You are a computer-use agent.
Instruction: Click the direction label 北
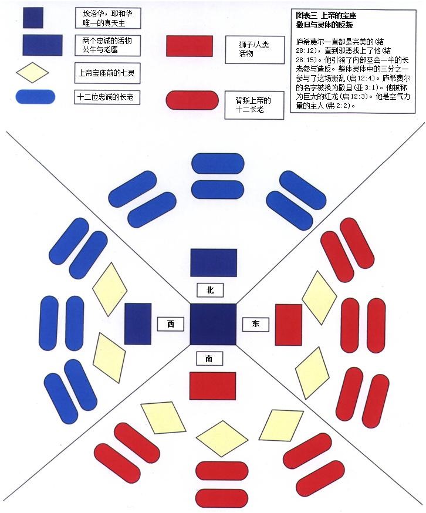(210, 290)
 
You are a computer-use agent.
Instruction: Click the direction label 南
(209, 359)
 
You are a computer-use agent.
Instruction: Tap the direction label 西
(170, 324)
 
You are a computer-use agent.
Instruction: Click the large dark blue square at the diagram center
(212, 324)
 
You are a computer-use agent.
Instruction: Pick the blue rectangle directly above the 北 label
(214, 262)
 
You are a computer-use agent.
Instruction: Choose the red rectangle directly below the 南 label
(212, 386)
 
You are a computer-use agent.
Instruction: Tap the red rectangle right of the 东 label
(288, 324)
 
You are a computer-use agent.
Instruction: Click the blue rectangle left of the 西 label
(137, 323)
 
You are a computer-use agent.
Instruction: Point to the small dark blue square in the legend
(33, 19)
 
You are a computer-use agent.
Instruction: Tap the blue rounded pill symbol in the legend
(36, 97)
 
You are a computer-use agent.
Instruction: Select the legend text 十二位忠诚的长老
(105, 97)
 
